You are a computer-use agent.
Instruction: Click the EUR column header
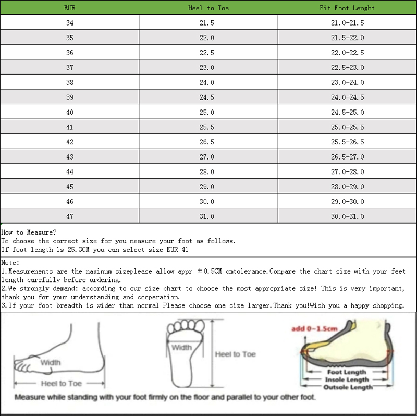click(69, 8)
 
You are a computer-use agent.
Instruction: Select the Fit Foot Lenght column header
click(347, 8)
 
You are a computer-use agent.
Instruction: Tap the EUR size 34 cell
click(69, 23)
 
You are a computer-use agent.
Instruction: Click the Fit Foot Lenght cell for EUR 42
click(347, 142)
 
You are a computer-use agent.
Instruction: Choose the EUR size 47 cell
click(69, 216)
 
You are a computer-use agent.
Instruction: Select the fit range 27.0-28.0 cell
click(347, 171)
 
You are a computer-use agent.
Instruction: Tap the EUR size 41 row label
click(69, 127)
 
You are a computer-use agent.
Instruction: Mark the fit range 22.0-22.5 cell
click(347, 53)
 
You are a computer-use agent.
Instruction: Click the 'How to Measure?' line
click(29, 232)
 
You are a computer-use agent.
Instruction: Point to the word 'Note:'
click(10, 263)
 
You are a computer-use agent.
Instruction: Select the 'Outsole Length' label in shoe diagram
click(348, 387)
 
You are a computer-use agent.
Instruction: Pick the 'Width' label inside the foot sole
click(181, 348)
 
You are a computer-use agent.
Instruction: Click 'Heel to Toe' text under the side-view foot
click(62, 384)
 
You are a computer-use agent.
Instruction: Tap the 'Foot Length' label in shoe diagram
click(347, 372)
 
